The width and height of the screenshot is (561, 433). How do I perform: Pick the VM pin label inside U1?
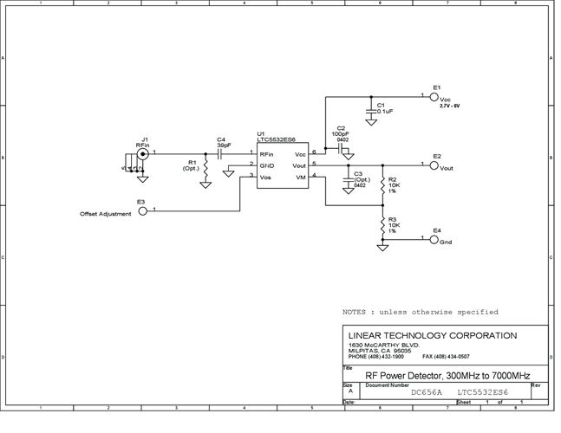pyautogui.click(x=301, y=177)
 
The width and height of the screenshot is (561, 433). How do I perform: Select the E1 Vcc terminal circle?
pyautogui.click(x=434, y=96)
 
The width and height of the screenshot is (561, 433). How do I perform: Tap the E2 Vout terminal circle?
pyautogui.click(x=434, y=165)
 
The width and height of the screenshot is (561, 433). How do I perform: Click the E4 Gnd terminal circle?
pyautogui.click(x=434, y=239)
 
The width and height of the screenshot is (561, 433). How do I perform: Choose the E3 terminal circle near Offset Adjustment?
pyautogui.click(x=143, y=210)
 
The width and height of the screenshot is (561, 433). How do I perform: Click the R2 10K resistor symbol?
pyautogui.click(x=382, y=185)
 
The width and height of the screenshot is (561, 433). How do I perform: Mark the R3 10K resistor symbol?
pyautogui.click(x=382, y=227)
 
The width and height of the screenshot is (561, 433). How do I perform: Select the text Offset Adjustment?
pyautogui.click(x=106, y=214)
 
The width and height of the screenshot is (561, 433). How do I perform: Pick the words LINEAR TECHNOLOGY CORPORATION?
pyautogui.click(x=431, y=336)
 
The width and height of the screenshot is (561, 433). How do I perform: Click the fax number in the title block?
pyautogui.click(x=446, y=356)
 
